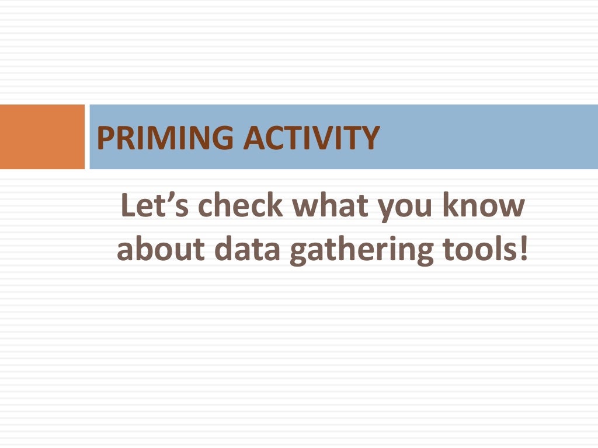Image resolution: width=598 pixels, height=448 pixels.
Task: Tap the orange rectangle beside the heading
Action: (x=42, y=136)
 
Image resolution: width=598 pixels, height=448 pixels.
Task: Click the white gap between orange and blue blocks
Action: (x=87, y=136)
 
